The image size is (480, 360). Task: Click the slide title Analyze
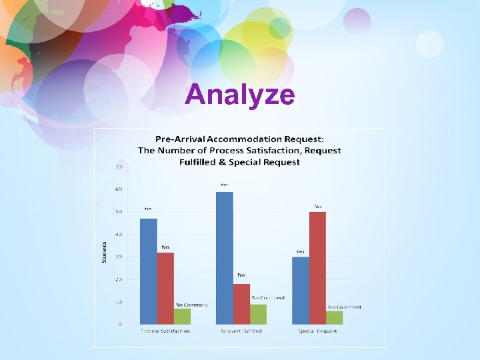[x=239, y=95]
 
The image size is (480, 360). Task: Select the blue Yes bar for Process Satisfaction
[x=149, y=271]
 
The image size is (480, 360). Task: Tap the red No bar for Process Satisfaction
[x=165, y=288]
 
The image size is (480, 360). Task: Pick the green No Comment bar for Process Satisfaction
[x=182, y=316]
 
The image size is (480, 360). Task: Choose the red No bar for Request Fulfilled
[x=241, y=303]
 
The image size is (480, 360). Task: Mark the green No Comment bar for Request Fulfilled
[x=258, y=314]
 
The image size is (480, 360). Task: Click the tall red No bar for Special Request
[x=317, y=267]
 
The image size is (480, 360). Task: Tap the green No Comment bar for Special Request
[x=334, y=317]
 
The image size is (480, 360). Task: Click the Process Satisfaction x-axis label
[x=165, y=331]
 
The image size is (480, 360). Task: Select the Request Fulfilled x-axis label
[x=241, y=331]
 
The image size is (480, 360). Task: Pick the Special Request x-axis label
[x=317, y=331]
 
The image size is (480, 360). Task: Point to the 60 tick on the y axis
[x=118, y=189]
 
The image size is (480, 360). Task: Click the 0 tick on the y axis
[x=120, y=325]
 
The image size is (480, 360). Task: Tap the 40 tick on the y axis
[x=118, y=235]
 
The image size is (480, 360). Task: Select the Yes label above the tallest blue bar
[x=224, y=184]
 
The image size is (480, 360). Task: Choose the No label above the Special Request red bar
[x=318, y=206]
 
